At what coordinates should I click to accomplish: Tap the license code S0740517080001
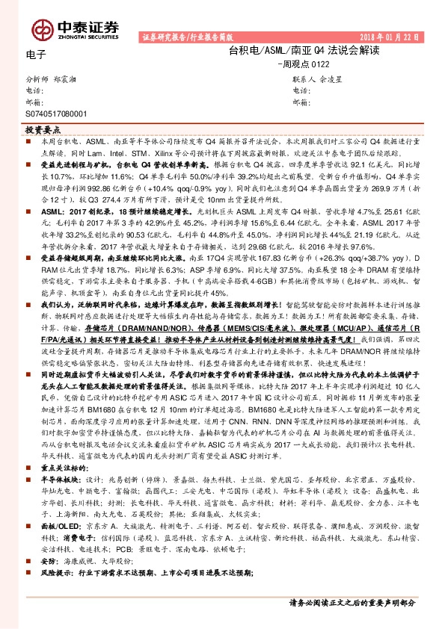(56, 114)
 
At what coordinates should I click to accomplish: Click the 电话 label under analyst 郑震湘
(34, 90)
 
